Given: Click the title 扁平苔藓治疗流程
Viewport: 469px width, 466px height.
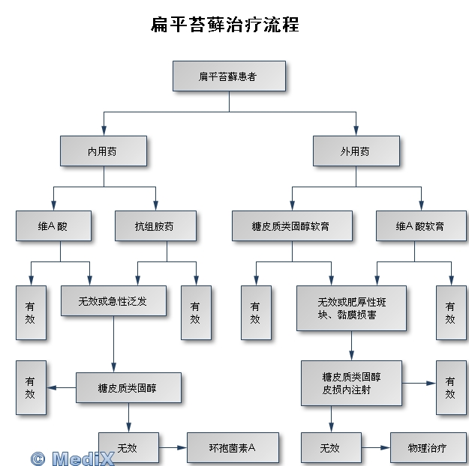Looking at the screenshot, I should click(x=225, y=25).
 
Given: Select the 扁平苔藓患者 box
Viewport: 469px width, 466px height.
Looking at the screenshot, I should click(x=228, y=76).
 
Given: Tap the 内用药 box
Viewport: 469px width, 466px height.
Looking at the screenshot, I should click(x=104, y=151).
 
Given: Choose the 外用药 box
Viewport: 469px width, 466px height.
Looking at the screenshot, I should click(x=356, y=151).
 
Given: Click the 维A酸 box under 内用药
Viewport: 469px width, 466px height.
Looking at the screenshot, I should click(x=53, y=226).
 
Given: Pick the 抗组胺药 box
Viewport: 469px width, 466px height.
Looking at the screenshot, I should click(x=155, y=226).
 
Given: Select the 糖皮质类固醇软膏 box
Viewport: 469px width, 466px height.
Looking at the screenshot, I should click(x=292, y=226).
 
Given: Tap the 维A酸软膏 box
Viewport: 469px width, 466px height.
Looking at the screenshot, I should click(x=420, y=226).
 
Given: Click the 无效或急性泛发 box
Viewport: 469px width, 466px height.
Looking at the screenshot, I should click(x=113, y=300).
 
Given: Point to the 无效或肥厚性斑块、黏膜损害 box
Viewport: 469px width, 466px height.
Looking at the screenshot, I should click(x=351, y=308).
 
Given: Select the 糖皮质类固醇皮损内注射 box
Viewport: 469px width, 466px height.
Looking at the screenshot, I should click(x=351, y=383).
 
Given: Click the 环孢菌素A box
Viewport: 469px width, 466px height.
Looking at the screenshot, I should click(x=233, y=448).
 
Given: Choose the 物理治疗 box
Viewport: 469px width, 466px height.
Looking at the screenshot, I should click(x=428, y=448).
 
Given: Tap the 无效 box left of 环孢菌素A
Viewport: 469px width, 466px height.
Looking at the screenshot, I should click(x=128, y=448).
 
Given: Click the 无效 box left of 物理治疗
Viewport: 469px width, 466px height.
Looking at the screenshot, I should click(x=331, y=448).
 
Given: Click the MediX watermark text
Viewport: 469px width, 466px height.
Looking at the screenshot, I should click(x=73, y=457).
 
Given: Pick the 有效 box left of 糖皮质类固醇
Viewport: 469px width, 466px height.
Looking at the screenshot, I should click(x=31, y=387).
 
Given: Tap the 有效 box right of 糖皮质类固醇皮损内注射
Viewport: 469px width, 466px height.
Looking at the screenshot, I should click(x=451, y=387).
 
